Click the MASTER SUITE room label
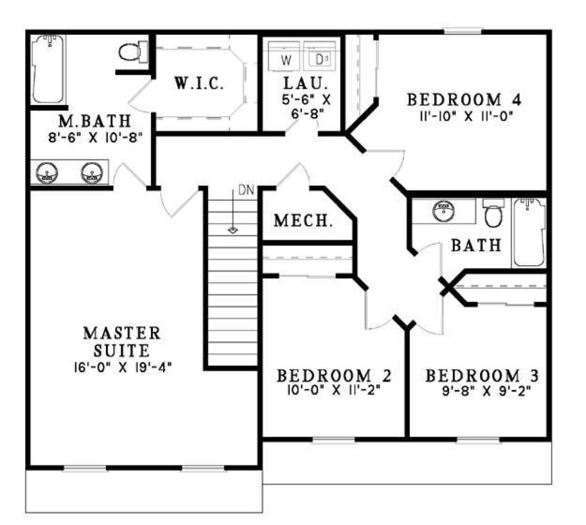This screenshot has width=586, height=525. click(121, 341)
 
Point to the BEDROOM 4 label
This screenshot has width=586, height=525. click(464, 100)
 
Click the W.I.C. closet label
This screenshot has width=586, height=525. click(199, 84)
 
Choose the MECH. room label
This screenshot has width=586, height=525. click(303, 221)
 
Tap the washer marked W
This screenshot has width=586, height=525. click(287, 60)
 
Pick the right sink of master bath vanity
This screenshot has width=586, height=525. click(92, 173)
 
